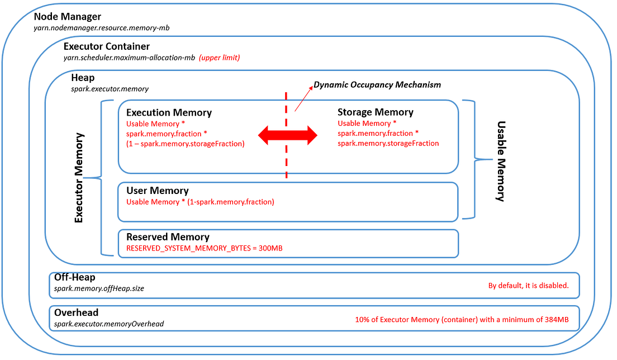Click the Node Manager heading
pyautogui.click(x=67, y=17)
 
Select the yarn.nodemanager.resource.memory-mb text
pyautogui.click(x=102, y=27)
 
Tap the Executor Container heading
pyautogui.click(x=106, y=46)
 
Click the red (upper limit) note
pyautogui.click(x=220, y=58)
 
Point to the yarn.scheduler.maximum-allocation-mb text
pyautogui.click(x=129, y=58)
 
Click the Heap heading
pyautogui.click(x=83, y=78)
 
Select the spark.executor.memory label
pyautogui.click(x=110, y=88)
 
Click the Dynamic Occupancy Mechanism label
pyautogui.click(x=377, y=85)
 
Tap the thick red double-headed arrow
pyautogui.click(x=287, y=135)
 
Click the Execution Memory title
pyautogui.click(x=169, y=113)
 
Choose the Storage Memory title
pyautogui.click(x=375, y=112)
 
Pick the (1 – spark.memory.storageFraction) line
pyautogui.click(x=186, y=144)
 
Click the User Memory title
pyautogui.click(x=157, y=191)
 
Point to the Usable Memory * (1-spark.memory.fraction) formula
pyautogui.click(x=200, y=202)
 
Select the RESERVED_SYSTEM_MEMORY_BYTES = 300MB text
pyautogui.click(x=204, y=248)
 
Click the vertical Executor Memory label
pyautogui.click(x=79, y=178)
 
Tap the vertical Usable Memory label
pyautogui.click(x=501, y=161)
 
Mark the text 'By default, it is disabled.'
pyautogui.click(x=528, y=286)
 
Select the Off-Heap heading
pyautogui.click(x=74, y=277)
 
